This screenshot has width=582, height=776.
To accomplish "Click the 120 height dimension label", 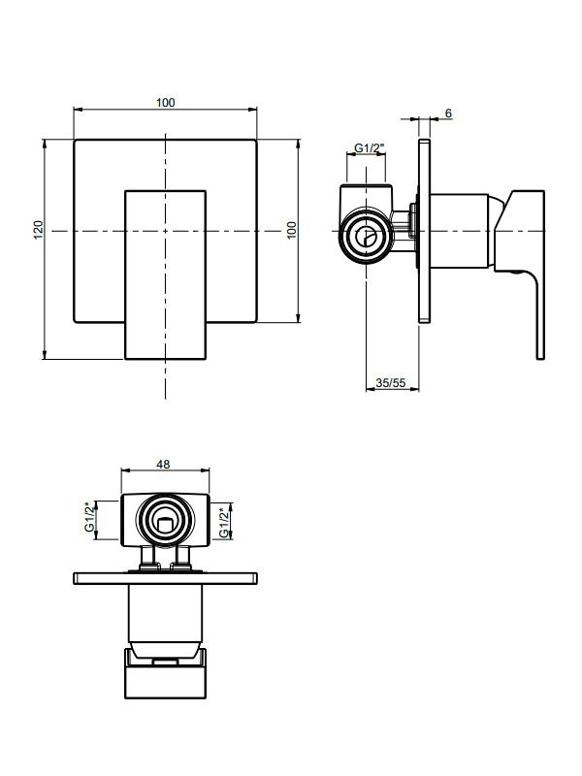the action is point(39,230).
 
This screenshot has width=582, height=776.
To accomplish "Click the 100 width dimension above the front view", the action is point(165,103).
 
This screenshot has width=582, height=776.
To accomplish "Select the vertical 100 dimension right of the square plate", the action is point(292,230).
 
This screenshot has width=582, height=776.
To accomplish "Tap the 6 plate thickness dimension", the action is point(448,113).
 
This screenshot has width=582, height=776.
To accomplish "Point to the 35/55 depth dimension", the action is point(391,382).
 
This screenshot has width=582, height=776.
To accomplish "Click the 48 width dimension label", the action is point(163,465).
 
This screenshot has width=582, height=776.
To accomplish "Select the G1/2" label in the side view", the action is point(370,147).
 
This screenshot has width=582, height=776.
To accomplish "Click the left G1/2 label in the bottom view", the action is point(89,517).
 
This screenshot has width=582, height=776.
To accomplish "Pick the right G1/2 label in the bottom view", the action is point(225,522).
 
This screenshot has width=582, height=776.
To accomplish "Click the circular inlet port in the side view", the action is point(366,237).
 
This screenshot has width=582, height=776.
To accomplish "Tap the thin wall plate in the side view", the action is point(424,231).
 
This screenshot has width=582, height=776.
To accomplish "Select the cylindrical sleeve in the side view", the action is point(460,231).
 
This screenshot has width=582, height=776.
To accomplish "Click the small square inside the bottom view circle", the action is point(163,523).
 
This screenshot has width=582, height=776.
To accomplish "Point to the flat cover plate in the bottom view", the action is point(166,578).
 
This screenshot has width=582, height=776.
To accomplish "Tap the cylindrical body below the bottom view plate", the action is point(165,614).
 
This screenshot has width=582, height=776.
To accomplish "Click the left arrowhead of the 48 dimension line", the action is point(125,471).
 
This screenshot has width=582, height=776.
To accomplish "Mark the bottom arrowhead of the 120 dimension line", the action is point(44,355).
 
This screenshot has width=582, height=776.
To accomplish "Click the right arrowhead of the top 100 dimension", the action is point(253,110).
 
